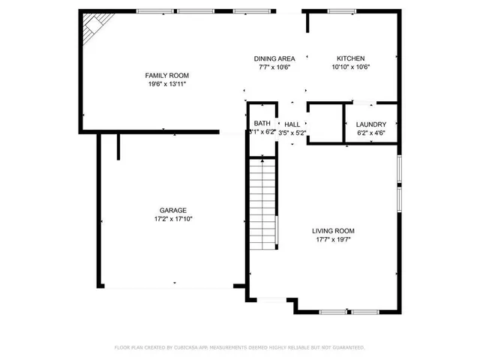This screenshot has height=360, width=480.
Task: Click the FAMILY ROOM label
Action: tap(166, 76)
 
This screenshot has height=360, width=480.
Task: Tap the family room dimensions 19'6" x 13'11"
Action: tap(166, 84)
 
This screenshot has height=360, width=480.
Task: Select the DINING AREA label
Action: tap(274, 58)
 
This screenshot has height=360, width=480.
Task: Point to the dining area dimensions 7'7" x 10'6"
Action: tap(274, 67)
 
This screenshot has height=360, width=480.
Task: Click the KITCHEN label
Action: tap(350, 58)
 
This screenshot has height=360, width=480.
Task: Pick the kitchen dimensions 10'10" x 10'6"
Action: tap(350, 67)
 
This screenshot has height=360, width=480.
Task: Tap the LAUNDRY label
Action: tap(370, 124)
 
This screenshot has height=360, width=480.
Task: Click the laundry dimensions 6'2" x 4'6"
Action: tap(370, 133)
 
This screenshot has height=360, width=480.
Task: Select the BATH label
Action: tap(262, 124)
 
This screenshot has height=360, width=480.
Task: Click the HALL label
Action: tap(292, 124)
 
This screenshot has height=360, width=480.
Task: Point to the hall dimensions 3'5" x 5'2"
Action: tap(292, 133)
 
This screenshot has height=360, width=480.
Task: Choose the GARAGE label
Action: tap(172, 211)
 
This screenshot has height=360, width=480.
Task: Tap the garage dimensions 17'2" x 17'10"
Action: tap(172, 219)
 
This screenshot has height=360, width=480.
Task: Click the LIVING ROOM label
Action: tap(334, 231)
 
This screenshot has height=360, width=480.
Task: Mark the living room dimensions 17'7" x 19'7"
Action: tap(334, 239)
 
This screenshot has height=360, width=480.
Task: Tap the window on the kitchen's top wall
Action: tap(341, 11)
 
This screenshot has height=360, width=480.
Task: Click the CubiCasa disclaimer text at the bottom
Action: tap(239, 348)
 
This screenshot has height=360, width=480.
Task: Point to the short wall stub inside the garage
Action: tap(118, 146)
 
